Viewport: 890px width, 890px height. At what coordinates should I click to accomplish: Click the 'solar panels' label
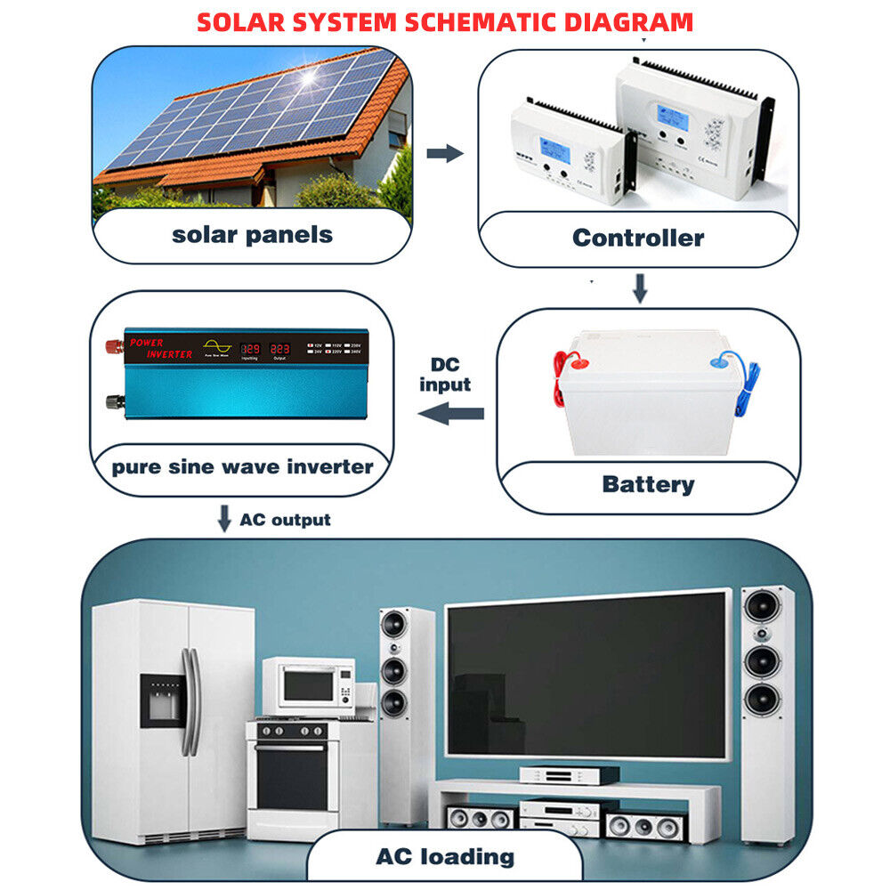tap(252, 235)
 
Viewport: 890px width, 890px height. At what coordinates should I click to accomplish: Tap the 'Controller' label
tap(637, 238)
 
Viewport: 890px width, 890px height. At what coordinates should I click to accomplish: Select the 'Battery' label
tap(648, 484)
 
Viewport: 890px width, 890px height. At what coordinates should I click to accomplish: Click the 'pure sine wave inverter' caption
tap(242, 466)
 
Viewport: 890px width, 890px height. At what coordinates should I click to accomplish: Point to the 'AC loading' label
tap(445, 856)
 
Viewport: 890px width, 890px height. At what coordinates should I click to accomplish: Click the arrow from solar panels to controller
tap(445, 154)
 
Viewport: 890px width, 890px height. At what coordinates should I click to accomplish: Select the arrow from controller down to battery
tap(639, 287)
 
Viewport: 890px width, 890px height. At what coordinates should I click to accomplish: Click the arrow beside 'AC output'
tap(224, 518)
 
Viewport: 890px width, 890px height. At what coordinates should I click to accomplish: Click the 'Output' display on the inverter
tap(280, 350)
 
